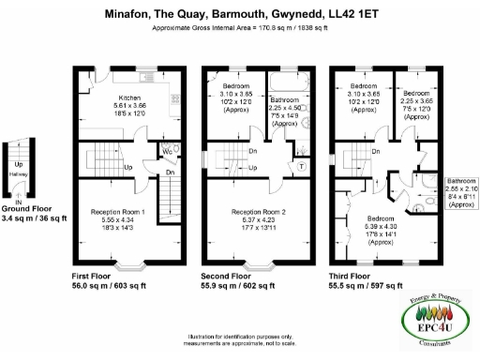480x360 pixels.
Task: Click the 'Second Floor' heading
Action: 228,277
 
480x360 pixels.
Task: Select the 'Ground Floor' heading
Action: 24,207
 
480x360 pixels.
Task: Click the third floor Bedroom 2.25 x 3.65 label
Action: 415,94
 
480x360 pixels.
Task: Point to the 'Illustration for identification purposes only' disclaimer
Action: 240,336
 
